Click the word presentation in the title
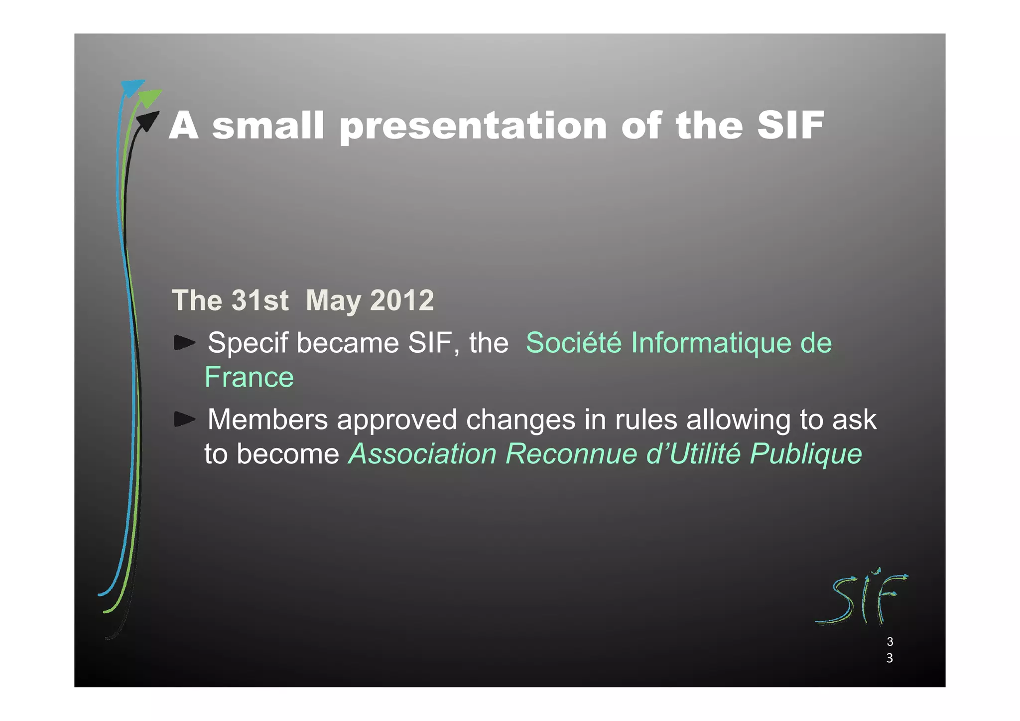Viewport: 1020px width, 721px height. pyautogui.click(x=473, y=126)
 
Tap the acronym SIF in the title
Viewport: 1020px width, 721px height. pyautogui.click(x=790, y=125)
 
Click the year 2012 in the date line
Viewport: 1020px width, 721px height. pyautogui.click(x=402, y=300)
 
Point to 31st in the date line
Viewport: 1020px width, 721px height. pyautogui.click(x=260, y=300)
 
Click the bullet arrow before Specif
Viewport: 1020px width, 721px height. pyautogui.click(x=184, y=343)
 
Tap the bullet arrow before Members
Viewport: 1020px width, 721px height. pyautogui.click(x=184, y=420)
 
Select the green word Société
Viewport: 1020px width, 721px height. pyautogui.click(x=573, y=343)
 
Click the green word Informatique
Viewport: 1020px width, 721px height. pyautogui.click(x=711, y=344)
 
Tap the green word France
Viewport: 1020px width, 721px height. pyautogui.click(x=249, y=377)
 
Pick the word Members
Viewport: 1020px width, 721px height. pyautogui.click(x=267, y=420)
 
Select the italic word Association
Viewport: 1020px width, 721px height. pyautogui.click(x=422, y=454)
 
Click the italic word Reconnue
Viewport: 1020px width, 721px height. pyautogui.click(x=571, y=454)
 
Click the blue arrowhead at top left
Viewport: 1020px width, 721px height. pyautogui.click(x=131, y=88)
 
